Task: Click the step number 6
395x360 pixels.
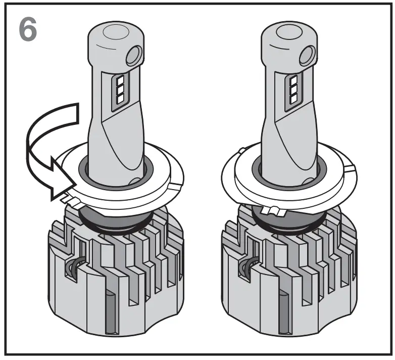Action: pyautogui.click(x=28, y=30)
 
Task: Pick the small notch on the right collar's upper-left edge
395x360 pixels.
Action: pyautogui.click(x=242, y=150)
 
